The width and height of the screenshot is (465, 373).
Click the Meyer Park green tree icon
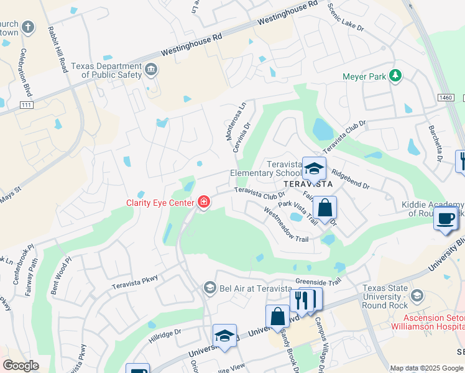pyautogui.click(x=395, y=76)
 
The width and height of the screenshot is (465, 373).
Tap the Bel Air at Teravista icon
pyautogui.click(x=210, y=288)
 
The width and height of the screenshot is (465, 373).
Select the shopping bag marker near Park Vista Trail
pyautogui.click(x=324, y=208)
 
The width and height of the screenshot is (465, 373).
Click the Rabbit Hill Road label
pyautogui.click(x=56, y=50)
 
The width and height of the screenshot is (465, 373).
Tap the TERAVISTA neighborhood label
pyautogui.click(x=308, y=185)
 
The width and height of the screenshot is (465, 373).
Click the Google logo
pyautogui.click(x=21, y=365)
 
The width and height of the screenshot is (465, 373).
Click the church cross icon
pyautogui.click(x=27, y=27)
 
